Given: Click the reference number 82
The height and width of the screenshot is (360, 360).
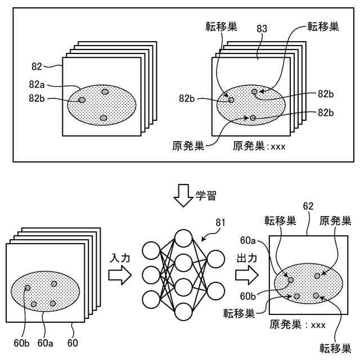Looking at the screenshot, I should tap(37, 66).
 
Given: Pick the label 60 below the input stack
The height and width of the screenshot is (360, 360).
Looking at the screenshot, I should tap(73, 341).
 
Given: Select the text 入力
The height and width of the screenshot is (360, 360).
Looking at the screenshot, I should tap(118, 257).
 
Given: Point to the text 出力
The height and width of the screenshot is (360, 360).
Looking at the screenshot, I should tap(245, 257).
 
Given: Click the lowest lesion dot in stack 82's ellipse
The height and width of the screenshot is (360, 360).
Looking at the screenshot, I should tap(103, 118).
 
